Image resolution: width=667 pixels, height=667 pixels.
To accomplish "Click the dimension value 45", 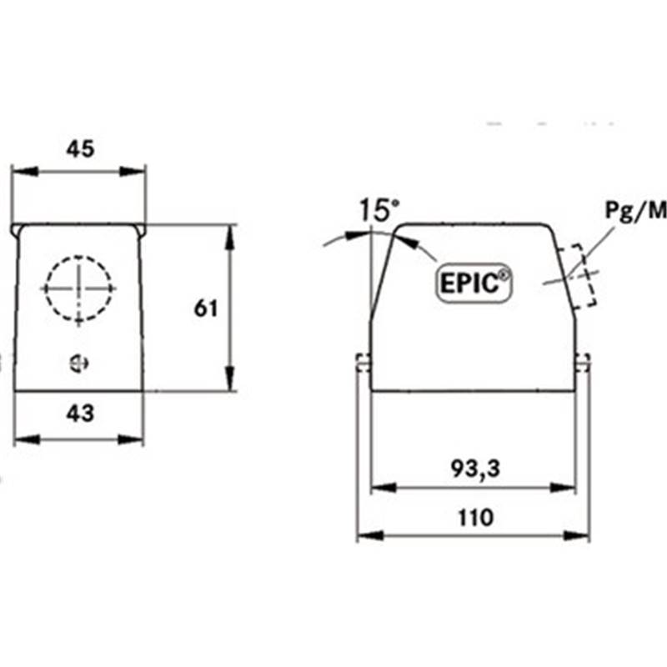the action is (80, 149).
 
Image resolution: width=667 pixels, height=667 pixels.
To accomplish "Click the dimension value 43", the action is (80, 413).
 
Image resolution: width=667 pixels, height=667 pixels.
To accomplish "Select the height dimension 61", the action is (206, 308).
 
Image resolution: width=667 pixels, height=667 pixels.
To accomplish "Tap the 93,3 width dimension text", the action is (475, 469).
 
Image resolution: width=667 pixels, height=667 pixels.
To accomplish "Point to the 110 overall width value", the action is (475, 518).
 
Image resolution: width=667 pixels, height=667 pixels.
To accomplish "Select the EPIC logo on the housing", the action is (474, 283).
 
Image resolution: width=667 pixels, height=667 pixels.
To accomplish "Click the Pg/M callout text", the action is (636, 212).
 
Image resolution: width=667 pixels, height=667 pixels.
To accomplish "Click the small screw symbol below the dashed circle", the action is (79, 364).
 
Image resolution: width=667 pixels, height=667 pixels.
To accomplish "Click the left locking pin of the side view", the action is (364, 363).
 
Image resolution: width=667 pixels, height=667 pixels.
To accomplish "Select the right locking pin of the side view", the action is (583, 363).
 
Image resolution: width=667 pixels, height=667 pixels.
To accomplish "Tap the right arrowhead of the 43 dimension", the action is (131, 439).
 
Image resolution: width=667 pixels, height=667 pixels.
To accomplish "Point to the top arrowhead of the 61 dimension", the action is (230, 238).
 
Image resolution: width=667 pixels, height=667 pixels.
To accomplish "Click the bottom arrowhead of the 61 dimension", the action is (230, 378).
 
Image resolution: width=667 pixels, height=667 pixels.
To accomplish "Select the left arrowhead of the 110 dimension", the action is (370, 535).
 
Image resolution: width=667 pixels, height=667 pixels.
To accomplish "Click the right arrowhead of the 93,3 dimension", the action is (563, 488).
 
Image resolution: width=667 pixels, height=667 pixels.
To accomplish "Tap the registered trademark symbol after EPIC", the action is (504, 275).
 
